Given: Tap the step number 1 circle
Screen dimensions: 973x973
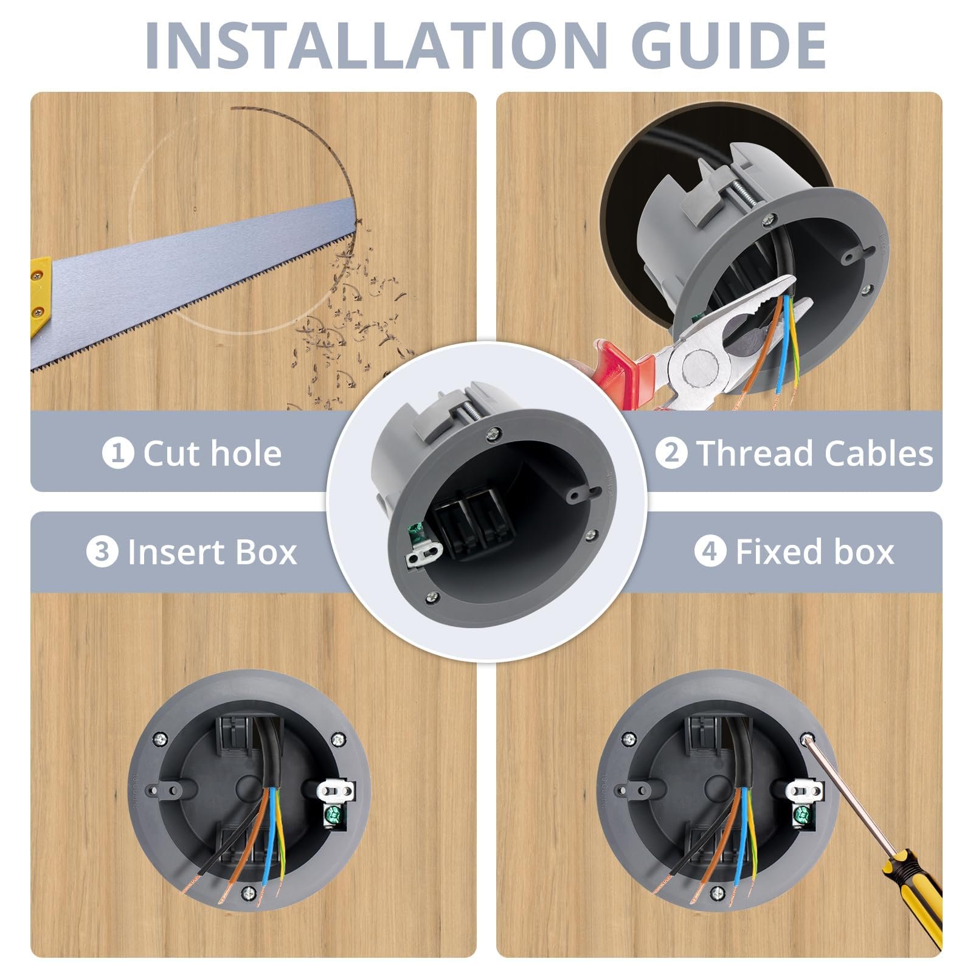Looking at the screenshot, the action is (118, 453).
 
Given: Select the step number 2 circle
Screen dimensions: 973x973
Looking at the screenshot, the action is (671, 453).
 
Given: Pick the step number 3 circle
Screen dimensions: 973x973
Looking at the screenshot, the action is (102, 552).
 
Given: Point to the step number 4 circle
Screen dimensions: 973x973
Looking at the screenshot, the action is (710, 552).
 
